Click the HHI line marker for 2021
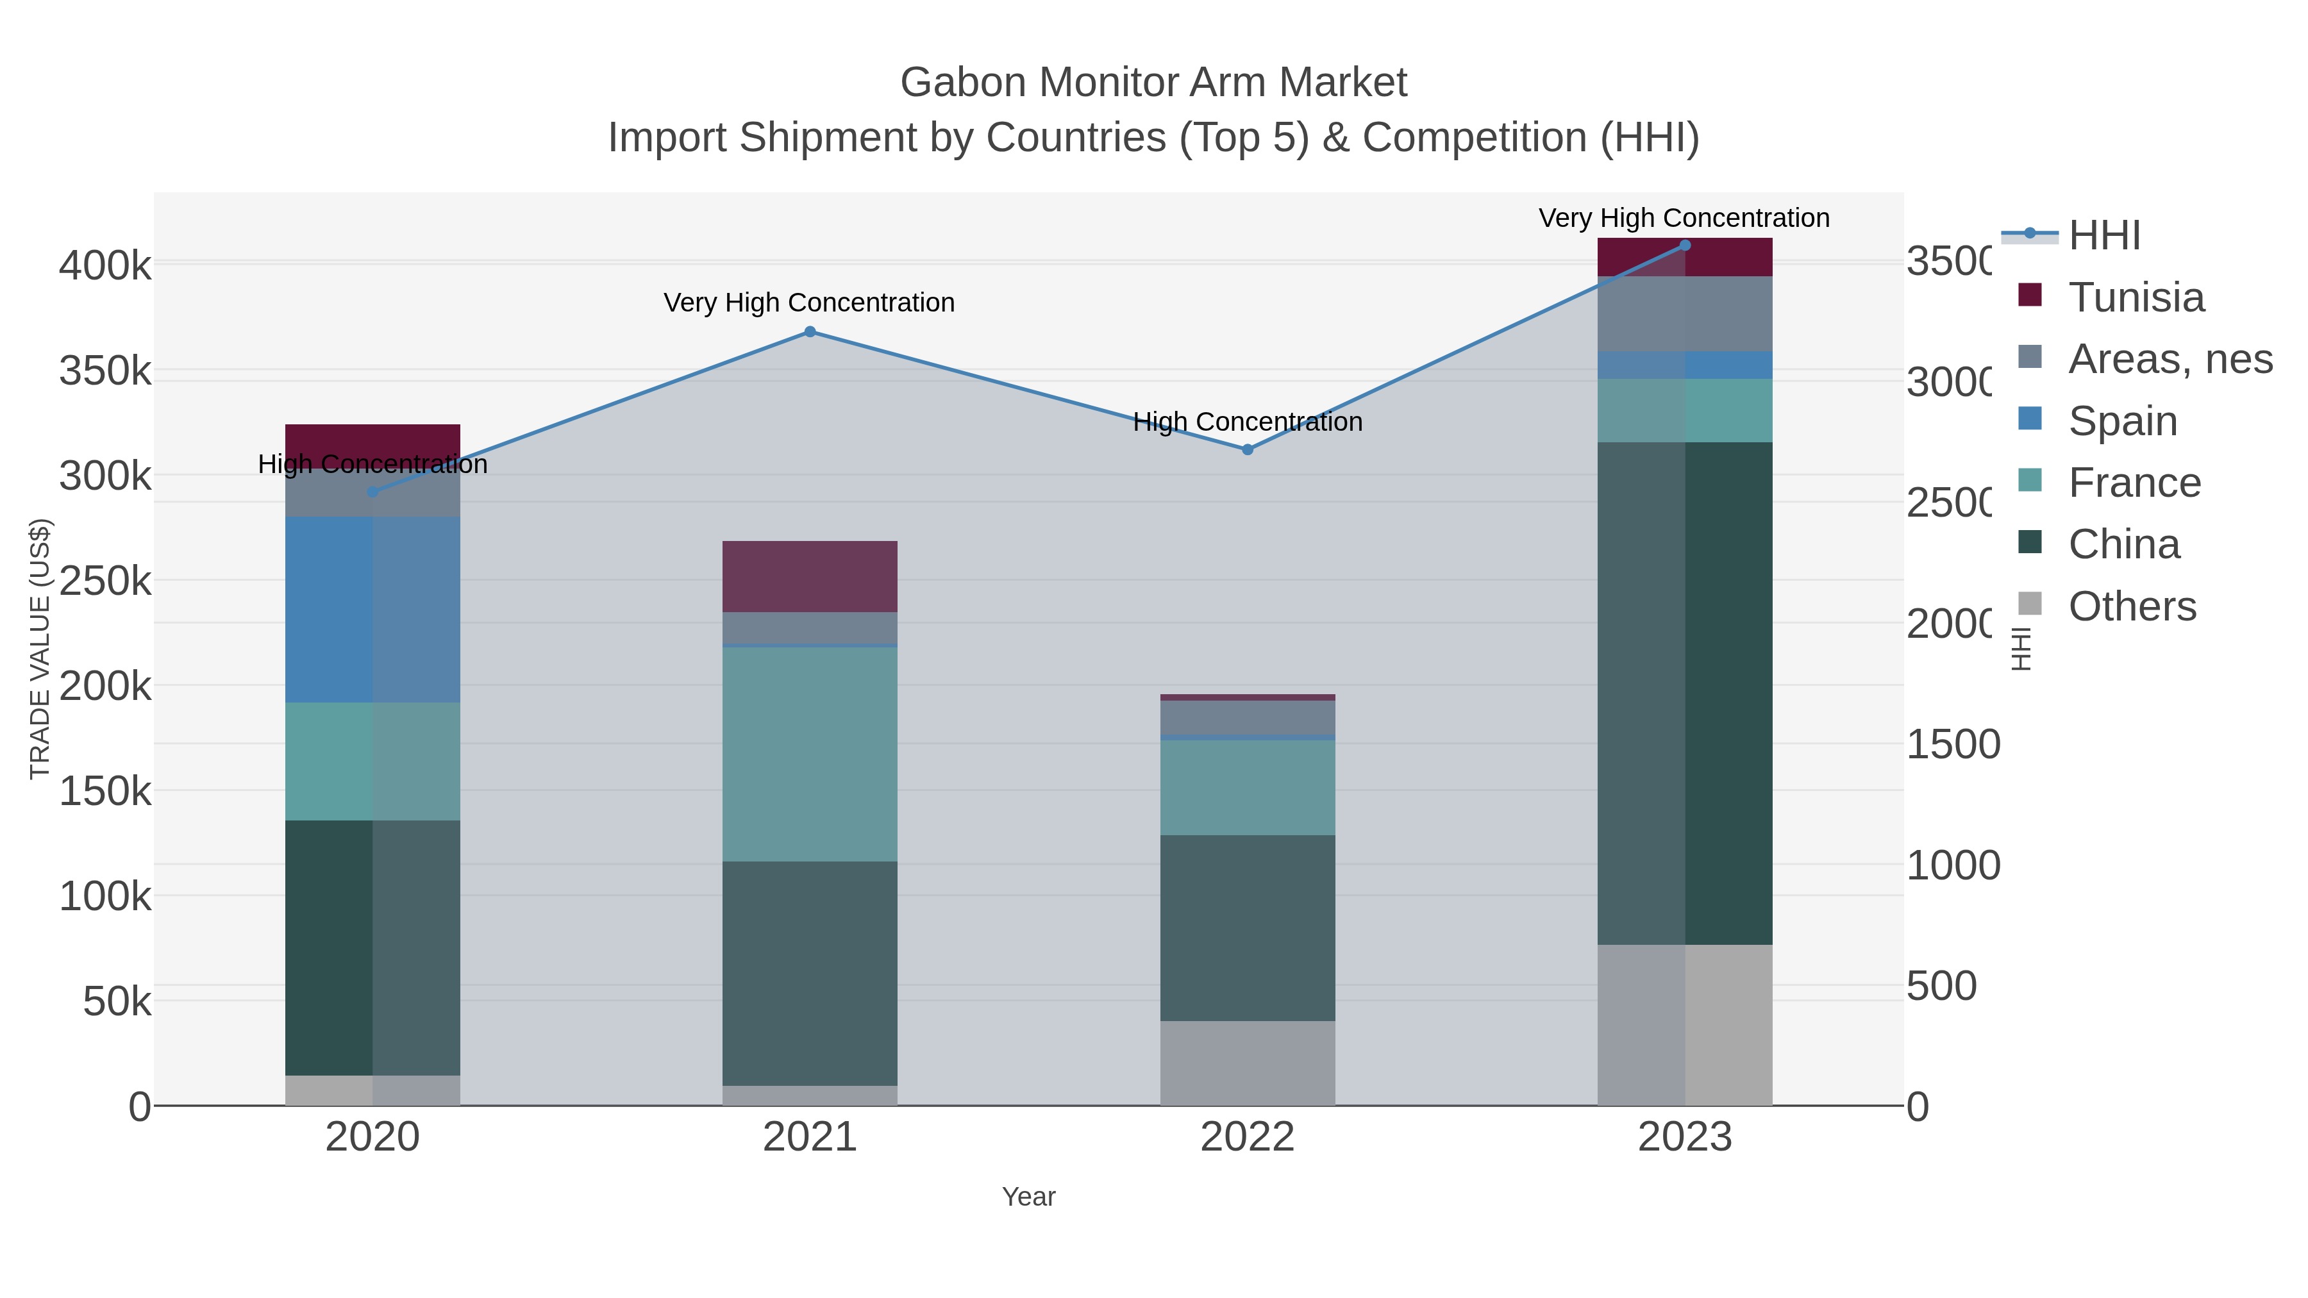coord(810,331)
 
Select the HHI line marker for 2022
coord(1247,450)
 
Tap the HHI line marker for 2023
coord(1684,245)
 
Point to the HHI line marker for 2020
coord(372,492)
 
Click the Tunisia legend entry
coord(2136,297)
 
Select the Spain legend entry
coord(2123,421)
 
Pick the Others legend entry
coord(2132,606)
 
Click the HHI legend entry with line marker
coord(2103,236)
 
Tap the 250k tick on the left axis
coord(106,581)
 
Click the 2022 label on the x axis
coord(1247,1138)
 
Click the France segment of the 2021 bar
coord(810,754)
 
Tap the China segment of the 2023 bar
coord(1684,694)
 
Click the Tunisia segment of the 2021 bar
coord(810,576)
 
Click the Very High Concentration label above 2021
coord(809,303)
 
